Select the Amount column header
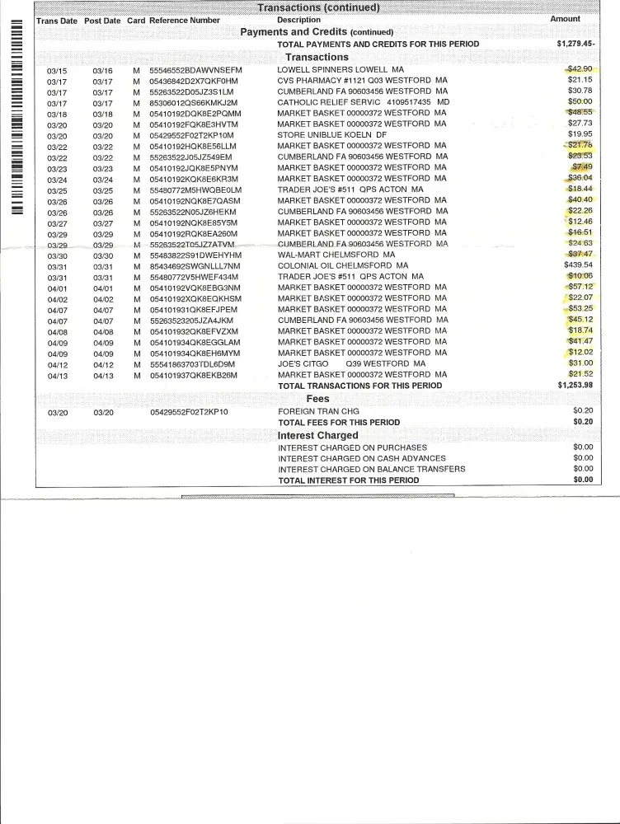pos(565,19)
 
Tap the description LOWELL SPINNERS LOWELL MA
pos(341,70)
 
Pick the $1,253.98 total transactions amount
pos(575,385)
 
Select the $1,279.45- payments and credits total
pos(576,44)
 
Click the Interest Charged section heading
pos(317,435)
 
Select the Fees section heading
pos(317,398)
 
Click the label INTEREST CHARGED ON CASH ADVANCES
pos(362,458)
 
